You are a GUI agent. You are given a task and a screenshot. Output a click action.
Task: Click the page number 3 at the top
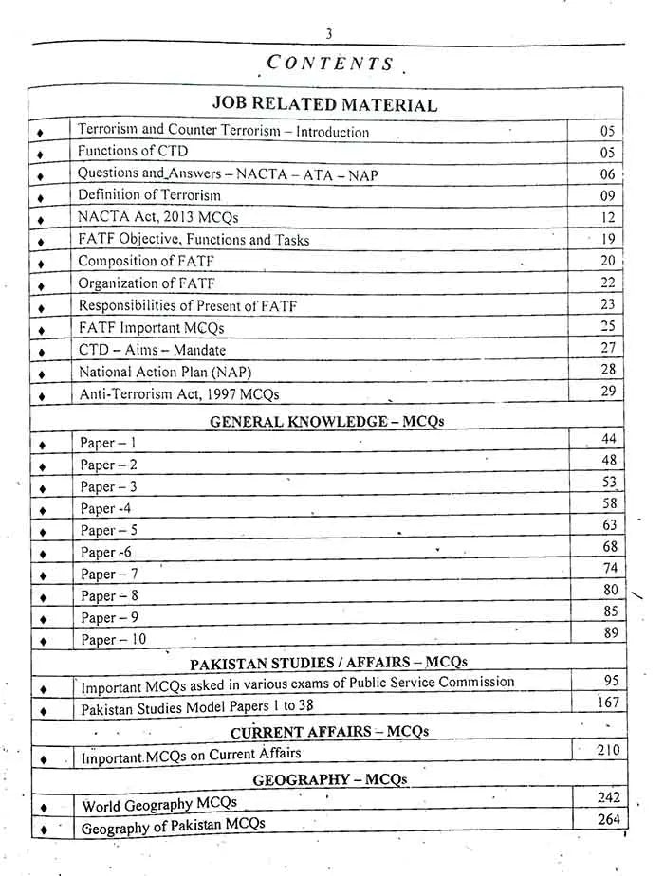(x=328, y=33)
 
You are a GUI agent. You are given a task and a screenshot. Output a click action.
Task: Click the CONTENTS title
(x=329, y=64)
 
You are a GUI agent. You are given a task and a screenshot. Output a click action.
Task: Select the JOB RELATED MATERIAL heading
(x=324, y=105)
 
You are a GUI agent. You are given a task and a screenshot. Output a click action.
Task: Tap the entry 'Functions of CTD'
(x=133, y=152)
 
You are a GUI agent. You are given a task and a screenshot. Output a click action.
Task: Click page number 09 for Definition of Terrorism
(x=607, y=196)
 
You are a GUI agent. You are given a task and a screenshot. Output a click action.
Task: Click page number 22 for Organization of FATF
(x=607, y=283)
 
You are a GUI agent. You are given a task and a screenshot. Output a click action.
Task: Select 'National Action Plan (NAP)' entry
(x=165, y=372)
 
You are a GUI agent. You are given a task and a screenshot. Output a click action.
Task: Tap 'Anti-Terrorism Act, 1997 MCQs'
(x=178, y=394)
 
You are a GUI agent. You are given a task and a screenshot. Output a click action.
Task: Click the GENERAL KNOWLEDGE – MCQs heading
(x=326, y=421)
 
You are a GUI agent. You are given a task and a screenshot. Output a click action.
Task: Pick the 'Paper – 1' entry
(x=108, y=443)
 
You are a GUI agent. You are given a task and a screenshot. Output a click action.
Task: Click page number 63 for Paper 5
(x=609, y=525)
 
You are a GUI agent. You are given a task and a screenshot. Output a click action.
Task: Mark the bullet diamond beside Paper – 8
(x=42, y=597)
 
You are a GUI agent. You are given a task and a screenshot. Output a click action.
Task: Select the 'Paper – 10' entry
(x=113, y=640)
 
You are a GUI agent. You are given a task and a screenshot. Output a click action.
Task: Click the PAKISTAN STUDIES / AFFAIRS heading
(x=328, y=662)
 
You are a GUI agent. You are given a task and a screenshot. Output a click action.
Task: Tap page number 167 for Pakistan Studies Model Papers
(x=608, y=703)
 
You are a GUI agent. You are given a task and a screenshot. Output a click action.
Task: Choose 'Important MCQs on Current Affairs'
(x=191, y=755)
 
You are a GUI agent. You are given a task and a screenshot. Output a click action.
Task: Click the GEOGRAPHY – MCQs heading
(x=329, y=779)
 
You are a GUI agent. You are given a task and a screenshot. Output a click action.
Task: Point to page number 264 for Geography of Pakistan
(x=608, y=819)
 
